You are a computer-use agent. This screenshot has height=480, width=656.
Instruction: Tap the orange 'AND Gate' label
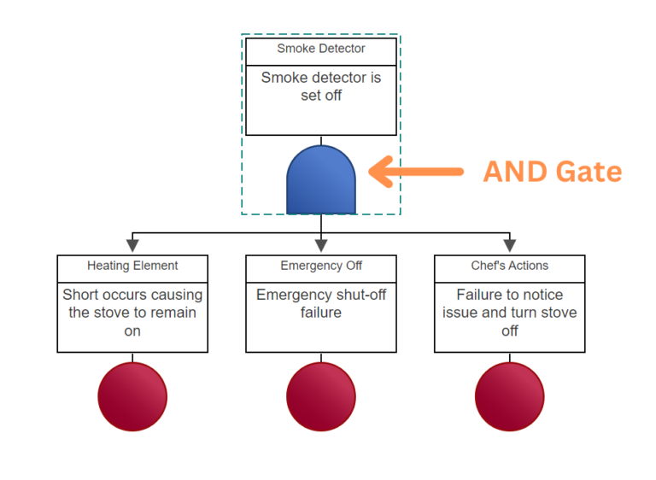click(552, 172)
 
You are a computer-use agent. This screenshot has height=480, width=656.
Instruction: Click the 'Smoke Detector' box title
click(321, 49)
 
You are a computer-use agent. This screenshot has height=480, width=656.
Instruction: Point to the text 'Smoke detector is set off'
click(321, 86)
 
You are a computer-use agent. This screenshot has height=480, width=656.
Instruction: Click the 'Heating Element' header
click(132, 266)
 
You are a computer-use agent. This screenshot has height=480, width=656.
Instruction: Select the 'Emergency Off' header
click(321, 266)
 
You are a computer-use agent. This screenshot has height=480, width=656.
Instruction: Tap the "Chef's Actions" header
click(510, 266)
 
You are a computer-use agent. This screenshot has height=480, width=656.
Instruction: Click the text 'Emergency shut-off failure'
click(321, 303)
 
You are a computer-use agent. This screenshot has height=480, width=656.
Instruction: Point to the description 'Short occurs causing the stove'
click(132, 303)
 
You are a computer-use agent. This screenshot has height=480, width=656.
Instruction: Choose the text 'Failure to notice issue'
click(510, 303)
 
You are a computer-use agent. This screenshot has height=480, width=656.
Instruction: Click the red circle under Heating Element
click(132, 396)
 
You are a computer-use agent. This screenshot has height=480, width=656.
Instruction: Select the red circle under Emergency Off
click(321, 396)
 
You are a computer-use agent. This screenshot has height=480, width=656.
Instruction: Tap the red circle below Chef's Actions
click(510, 396)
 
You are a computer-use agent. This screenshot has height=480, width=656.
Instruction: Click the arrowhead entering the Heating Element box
click(132, 246)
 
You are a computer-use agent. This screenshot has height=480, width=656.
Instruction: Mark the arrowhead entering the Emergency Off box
click(321, 246)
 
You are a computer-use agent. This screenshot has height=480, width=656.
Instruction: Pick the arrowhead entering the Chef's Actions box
click(510, 246)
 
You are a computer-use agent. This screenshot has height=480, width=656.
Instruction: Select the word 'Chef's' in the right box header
click(488, 266)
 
